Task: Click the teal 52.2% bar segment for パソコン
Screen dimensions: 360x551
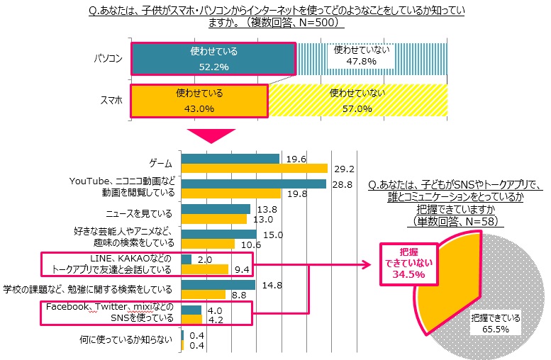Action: point(213,58)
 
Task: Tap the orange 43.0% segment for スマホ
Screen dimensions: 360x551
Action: point(199,101)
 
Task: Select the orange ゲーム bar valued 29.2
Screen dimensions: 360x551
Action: point(255,169)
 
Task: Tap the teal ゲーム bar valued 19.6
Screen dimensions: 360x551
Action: point(230,159)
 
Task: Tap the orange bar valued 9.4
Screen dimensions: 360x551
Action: point(205,269)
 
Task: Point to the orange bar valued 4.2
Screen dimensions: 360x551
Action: point(191,320)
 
